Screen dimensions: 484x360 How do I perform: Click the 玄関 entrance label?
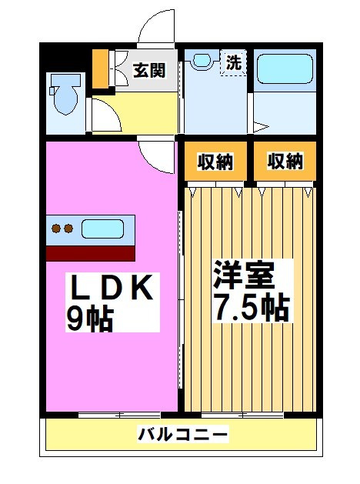click(148, 70)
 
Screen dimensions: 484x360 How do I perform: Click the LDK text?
click(114, 289)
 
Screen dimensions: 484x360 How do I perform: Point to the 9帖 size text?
click(89, 319)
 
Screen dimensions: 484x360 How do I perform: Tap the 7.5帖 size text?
click(251, 307)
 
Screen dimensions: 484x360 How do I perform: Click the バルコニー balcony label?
click(183, 435)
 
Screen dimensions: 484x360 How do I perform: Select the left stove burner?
click(56, 228)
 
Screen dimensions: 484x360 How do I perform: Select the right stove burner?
click(68, 228)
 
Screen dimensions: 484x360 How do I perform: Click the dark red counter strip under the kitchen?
click(90, 252)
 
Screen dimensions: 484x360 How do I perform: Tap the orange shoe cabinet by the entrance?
click(99, 70)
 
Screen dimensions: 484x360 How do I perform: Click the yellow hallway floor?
click(146, 113)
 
